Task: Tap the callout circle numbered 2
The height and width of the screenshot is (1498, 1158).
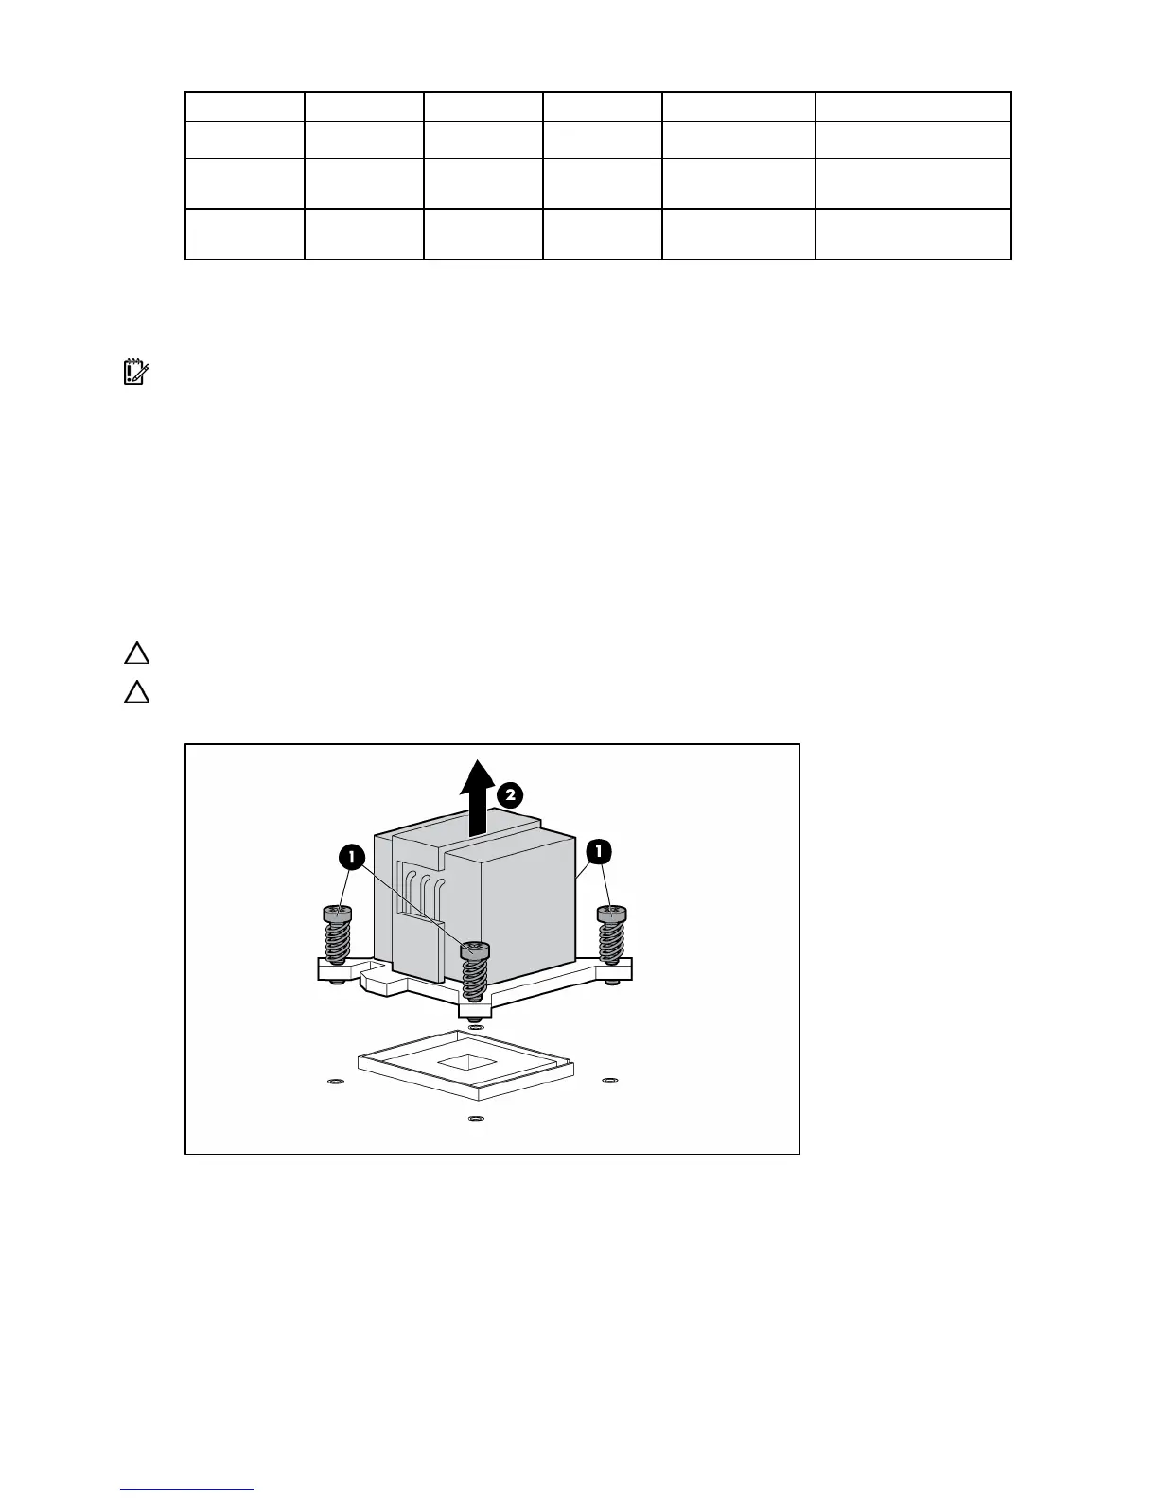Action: pyautogui.click(x=509, y=794)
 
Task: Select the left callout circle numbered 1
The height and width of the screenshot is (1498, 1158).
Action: pyautogui.click(x=351, y=858)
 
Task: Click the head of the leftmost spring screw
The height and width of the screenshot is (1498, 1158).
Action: pyautogui.click(x=338, y=914)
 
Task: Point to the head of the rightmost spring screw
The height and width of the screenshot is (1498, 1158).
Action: pyautogui.click(x=612, y=914)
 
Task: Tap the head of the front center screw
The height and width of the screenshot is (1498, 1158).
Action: pyautogui.click(x=475, y=949)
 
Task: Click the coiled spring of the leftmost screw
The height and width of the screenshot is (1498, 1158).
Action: pyautogui.click(x=338, y=943)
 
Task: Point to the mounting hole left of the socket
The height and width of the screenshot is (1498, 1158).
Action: pyautogui.click(x=331, y=1081)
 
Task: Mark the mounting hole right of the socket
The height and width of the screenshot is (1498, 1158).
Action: pyautogui.click(x=610, y=1079)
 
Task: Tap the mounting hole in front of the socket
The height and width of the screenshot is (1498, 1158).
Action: pyautogui.click(x=475, y=1119)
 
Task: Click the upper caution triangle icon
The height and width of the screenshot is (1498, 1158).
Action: pyautogui.click(x=137, y=653)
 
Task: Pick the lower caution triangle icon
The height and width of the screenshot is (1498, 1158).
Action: pyautogui.click(x=137, y=693)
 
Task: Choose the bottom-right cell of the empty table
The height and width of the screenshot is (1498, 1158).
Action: pyautogui.click(x=913, y=234)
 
